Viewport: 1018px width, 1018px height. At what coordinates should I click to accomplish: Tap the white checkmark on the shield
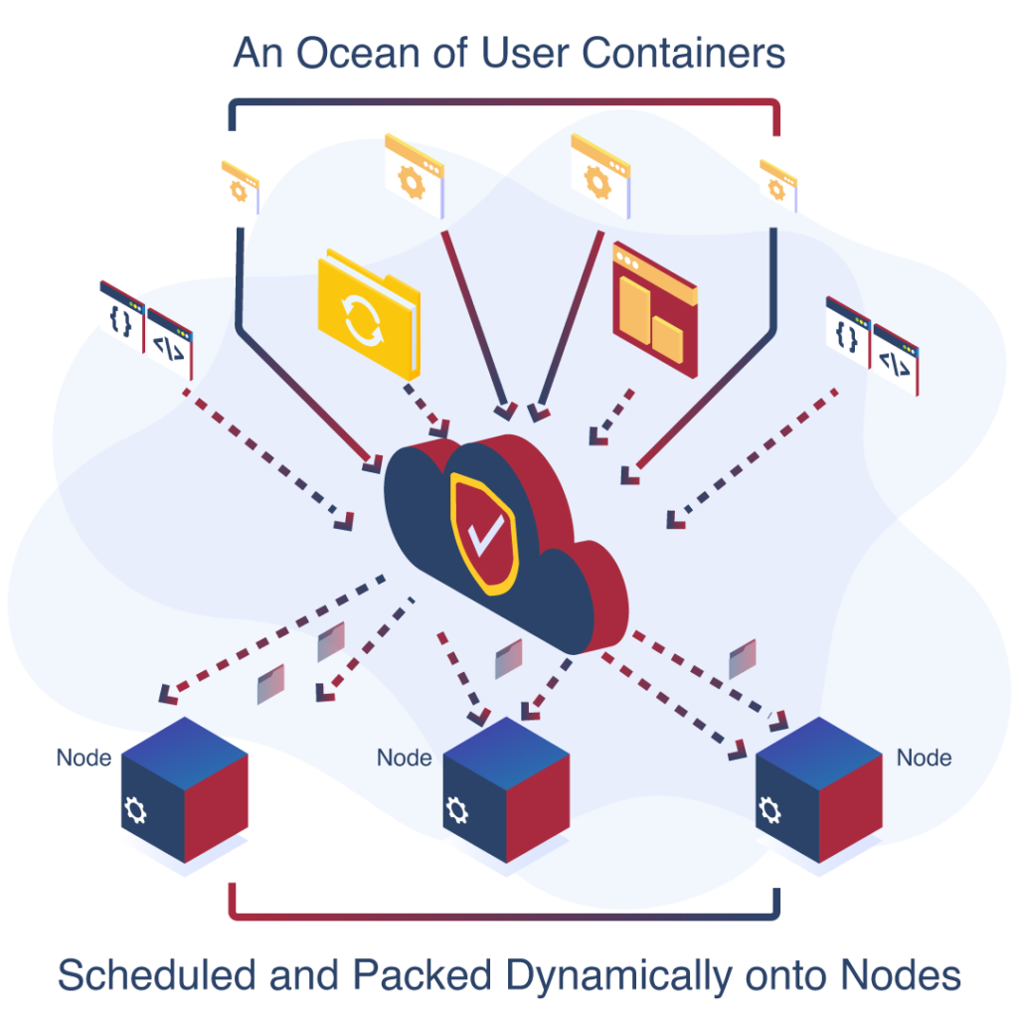[x=486, y=533]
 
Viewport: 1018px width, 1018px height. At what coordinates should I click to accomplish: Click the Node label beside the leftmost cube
[x=84, y=757]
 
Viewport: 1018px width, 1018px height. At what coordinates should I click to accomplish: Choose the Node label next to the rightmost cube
[x=924, y=758]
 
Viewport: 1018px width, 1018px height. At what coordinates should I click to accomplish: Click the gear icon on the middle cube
[x=457, y=810]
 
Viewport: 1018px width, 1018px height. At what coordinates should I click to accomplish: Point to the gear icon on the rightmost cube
[x=769, y=809]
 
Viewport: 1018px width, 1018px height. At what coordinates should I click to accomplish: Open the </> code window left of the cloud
[x=170, y=344]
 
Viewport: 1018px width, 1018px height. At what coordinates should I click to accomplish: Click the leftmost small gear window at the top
[x=239, y=187]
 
